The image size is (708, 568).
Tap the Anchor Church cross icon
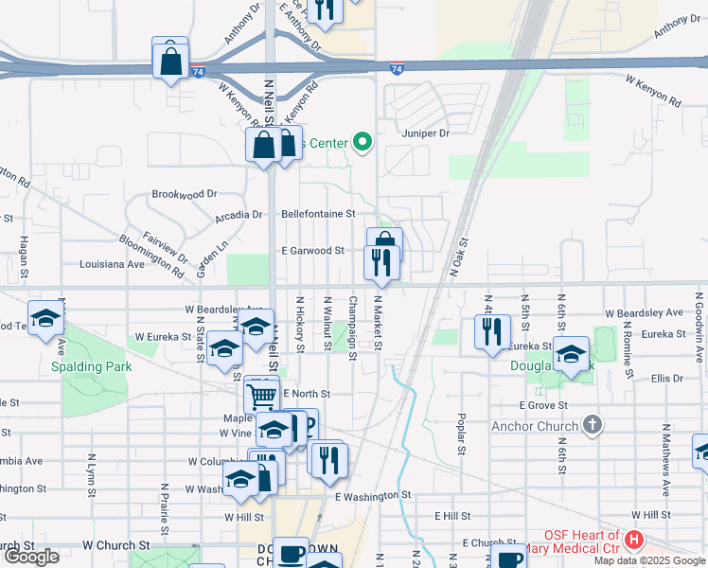point(593,425)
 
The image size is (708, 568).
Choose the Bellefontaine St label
point(318,214)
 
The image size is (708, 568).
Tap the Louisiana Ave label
point(112,264)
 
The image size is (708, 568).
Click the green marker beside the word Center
point(362,144)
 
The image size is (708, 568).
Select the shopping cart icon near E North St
point(262,394)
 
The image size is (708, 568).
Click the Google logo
point(31,557)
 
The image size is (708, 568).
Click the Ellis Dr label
point(666,378)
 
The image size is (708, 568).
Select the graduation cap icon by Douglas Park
point(571,354)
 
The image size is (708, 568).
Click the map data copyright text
point(648,560)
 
